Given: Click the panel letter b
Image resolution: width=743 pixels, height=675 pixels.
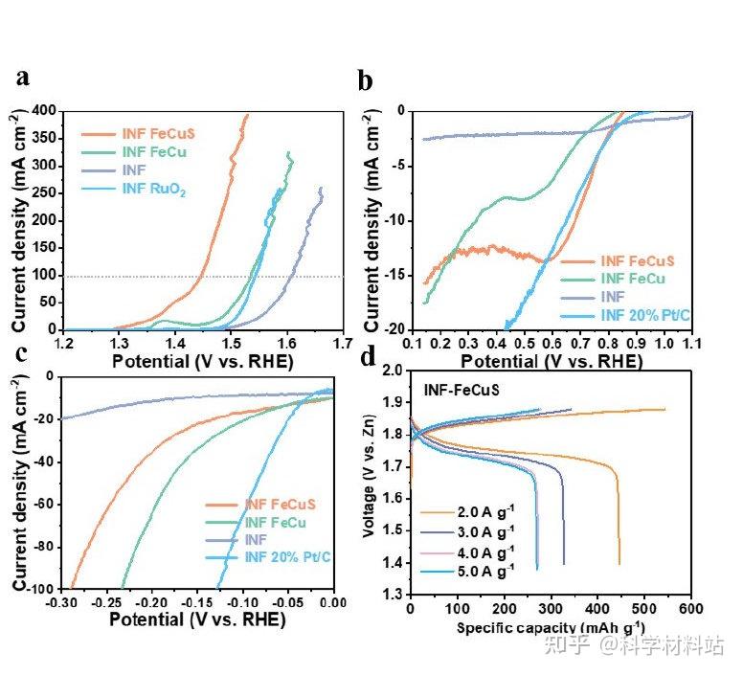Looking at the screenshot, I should (x=365, y=80).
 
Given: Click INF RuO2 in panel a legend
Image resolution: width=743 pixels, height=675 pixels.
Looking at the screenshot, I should (x=154, y=190).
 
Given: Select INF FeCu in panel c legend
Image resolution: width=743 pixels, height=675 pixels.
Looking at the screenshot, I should (x=276, y=523).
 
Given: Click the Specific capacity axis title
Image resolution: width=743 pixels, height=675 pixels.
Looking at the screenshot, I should (x=535, y=628).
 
